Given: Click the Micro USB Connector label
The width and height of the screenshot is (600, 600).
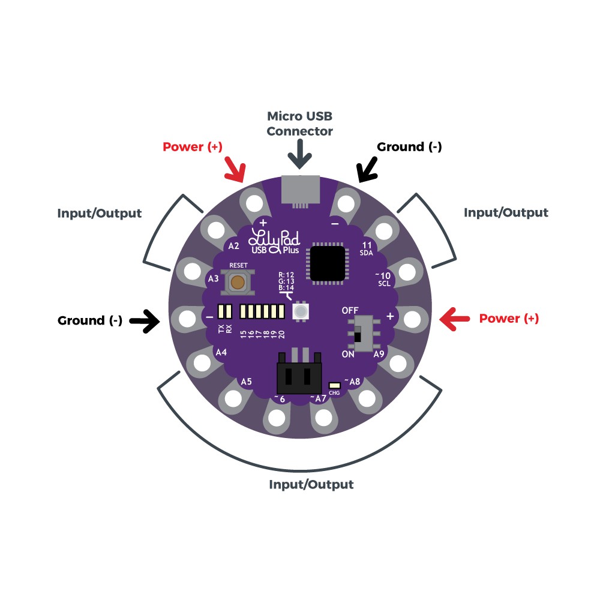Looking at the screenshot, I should pos(299,123).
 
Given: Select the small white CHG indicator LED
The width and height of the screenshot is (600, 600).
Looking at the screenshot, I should pos(335,383).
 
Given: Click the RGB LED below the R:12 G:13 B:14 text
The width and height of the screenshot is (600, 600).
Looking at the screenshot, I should pos(299,311).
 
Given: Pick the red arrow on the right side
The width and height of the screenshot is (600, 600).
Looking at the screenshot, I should pos(455,319).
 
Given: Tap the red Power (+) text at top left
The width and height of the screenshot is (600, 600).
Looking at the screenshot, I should pos(192,147).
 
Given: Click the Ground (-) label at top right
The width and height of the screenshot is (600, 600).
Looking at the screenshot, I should pos(409,147).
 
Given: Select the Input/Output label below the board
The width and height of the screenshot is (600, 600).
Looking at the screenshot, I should pos(311,484).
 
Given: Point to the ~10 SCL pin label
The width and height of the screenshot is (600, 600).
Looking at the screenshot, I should pos(384,279).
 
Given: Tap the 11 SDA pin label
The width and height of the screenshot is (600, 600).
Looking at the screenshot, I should pos(367,249).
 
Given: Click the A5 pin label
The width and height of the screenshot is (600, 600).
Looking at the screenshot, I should pos(246,381).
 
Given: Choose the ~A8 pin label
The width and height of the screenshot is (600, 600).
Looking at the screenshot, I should pos(352,381).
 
